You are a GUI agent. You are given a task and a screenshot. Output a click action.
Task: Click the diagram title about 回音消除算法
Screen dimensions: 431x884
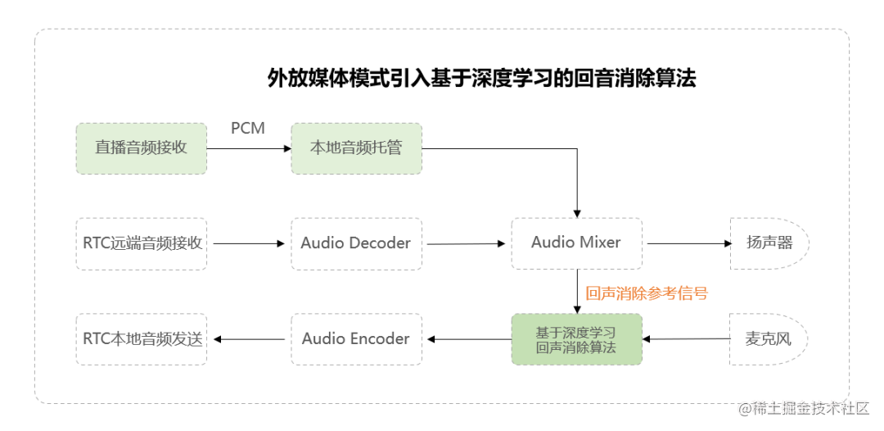(x=481, y=79)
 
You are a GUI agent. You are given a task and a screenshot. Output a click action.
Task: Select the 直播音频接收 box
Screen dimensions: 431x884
(x=142, y=148)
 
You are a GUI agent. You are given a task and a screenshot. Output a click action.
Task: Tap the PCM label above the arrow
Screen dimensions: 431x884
(x=248, y=129)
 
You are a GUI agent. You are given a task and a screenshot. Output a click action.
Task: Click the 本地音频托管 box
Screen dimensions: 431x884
(x=356, y=148)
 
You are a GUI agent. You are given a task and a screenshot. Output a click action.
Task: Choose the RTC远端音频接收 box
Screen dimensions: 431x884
(x=142, y=243)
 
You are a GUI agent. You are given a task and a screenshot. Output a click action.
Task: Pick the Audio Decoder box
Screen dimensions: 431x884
(x=356, y=243)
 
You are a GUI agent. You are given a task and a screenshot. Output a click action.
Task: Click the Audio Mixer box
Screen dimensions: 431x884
(x=576, y=243)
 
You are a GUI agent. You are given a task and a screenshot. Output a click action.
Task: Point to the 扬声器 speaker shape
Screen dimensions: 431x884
(x=769, y=243)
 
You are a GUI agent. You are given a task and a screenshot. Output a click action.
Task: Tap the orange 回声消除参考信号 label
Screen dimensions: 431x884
(x=647, y=293)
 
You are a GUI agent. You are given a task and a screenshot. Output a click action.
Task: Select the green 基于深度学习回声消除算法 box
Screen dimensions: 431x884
(x=576, y=339)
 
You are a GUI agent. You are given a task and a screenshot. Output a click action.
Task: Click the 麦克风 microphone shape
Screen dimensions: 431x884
(x=768, y=339)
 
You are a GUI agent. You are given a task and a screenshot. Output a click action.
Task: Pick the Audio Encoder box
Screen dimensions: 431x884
(x=356, y=339)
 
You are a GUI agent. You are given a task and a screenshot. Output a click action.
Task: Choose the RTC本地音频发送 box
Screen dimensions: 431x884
(x=142, y=339)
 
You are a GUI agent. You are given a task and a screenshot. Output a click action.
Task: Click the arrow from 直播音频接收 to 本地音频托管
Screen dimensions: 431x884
(x=249, y=148)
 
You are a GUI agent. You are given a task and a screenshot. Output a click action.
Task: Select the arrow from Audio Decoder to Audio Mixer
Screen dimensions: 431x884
(x=466, y=243)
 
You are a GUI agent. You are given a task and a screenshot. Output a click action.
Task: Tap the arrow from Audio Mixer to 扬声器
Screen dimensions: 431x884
(x=686, y=243)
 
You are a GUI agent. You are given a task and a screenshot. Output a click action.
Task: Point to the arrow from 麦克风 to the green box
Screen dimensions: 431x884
(x=686, y=338)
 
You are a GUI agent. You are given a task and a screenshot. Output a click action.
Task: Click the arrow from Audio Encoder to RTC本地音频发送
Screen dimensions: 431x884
(x=249, y=339)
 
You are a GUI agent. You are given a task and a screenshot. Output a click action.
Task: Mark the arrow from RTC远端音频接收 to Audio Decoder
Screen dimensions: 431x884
(x=249, y=243)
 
